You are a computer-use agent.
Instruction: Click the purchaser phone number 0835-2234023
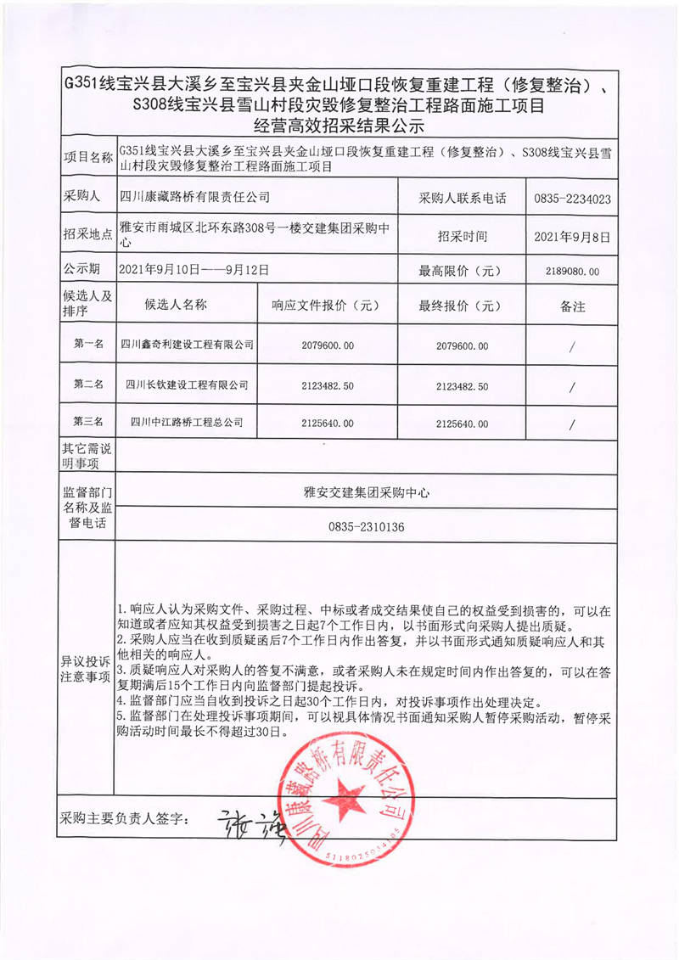pyautogui.click(x=573, y=199)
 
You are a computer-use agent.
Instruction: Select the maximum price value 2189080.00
pyautogui.click(x=573, y=272)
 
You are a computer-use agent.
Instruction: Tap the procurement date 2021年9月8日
pyautogui.click(x=573, y=237)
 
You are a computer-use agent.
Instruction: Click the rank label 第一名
pyautogui.click(x=88, y=345)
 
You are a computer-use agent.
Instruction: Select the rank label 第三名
pyautogui.click(x=88, y=422)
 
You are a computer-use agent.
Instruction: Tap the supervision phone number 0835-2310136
pyautogui.click(x=366, y=527)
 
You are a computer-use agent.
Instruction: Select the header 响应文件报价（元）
pyautogui.click(x=324, y=306)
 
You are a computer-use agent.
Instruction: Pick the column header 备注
pyautogui.click(x=573, y=306)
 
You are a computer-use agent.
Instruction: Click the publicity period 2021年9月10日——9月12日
pyautogui.click(x=194, y=271)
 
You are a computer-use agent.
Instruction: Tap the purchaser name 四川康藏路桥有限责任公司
pyautogui.click(x=194, y=197)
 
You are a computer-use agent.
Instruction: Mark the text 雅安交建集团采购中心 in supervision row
pyautogui.click(x=366, y=491)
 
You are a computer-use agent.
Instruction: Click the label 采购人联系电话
pyautogui.click(x=463, y=199)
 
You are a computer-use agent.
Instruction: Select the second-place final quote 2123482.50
pyautogui.click(x=462, y=385)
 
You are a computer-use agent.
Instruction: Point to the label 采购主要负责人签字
pyautogui.click(x=122, y=820)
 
